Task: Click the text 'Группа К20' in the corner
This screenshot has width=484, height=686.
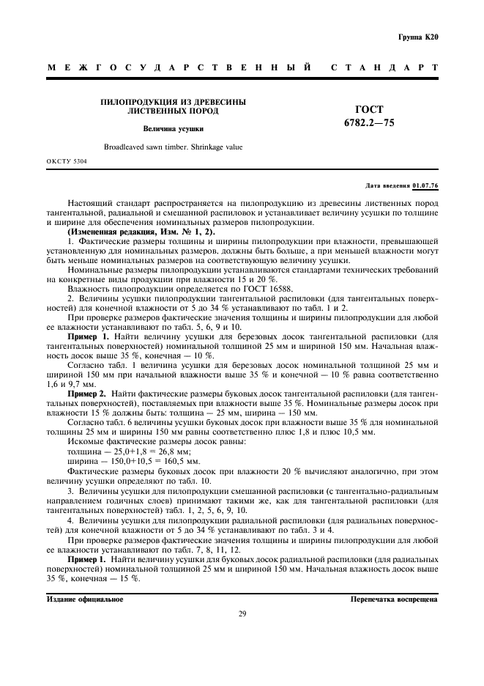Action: point(417,37)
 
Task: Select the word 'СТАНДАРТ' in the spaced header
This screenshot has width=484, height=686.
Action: point(384,67)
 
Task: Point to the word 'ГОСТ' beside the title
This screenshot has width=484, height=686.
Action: point(368,109)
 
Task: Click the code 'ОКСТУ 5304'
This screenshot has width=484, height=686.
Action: point(66,161)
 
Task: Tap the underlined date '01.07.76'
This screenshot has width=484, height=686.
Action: point(425,186)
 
